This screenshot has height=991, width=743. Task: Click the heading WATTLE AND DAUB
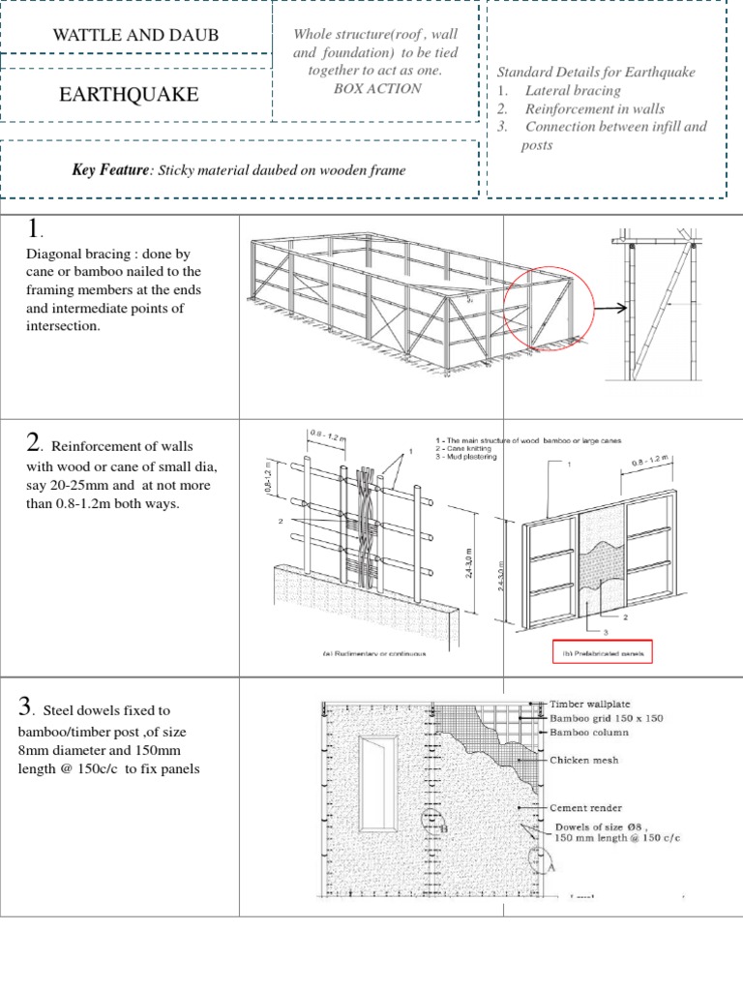point(135,36)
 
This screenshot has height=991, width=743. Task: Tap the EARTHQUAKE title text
point(130,95)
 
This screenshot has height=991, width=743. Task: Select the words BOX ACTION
point(376,88)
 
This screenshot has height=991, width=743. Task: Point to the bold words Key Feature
point(111,170)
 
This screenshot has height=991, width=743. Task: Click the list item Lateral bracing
point(573,91)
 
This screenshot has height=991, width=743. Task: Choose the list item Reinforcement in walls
point(594,108)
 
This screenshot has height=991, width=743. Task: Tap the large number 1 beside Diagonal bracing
point(36,229)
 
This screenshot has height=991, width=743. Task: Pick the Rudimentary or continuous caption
point(374,654)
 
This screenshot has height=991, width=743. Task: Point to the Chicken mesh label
point(585,761)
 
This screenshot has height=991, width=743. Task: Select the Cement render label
point(586,807)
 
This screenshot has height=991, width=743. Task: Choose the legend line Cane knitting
point(465,449)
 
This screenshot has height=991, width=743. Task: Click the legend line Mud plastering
point(467,457)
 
